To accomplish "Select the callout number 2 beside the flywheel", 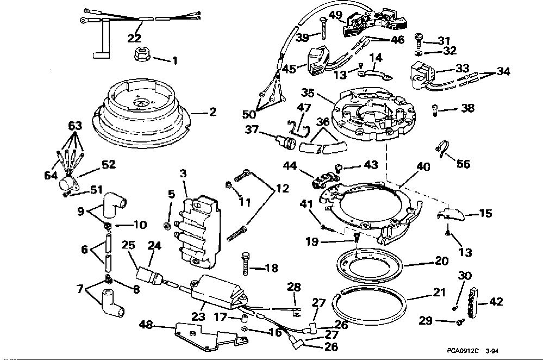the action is tap(213, 112).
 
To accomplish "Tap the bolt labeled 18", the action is tap(246, 264).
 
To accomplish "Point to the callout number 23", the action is tap(198, 316).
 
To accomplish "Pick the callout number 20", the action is tap(441, 260).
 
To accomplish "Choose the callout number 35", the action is tap(308, 93).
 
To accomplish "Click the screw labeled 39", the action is tap(322, 29).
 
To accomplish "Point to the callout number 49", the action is tap(335, 15).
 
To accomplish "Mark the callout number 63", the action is tap(75, 126).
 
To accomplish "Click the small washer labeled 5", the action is tap(166, 226).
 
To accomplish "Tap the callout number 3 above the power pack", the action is tap(183, 173).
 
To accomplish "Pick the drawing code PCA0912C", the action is tap(463, 351).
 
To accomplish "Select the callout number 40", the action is tap(423, 167).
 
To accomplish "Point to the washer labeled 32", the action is tap(418, 53).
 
